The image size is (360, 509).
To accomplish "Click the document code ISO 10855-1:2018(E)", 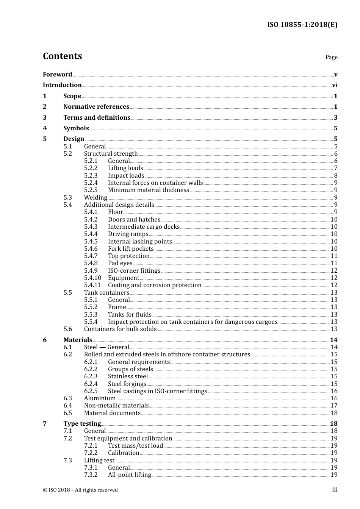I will click(302, 25).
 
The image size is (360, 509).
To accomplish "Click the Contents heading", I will click(62, 56).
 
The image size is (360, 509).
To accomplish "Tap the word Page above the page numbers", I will click(331, 57).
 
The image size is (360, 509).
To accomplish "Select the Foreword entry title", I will click(57, 74).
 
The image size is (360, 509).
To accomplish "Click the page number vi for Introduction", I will click(335, 85).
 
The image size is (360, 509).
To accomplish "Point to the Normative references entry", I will click(96, 107).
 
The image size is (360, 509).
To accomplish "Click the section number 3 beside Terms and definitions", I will click(45, 117).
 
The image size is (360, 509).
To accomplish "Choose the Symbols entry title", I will click(76, 128).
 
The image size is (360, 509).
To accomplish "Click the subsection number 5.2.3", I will click(91, 175).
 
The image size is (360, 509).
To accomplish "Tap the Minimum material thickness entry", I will click(148, 190).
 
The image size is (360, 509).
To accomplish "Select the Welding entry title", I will click(95, 197).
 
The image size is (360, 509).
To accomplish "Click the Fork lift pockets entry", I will click(131, 249).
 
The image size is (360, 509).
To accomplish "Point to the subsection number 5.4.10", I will click(92, 278).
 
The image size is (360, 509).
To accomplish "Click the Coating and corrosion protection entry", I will click(155, 285).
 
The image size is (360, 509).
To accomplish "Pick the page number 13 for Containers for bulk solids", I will click(334, 329).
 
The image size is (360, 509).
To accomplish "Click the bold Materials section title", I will click(78, 340).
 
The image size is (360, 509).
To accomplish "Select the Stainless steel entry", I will click(128, 376).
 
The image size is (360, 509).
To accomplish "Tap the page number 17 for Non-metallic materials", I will click(334, 406).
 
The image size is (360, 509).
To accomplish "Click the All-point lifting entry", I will click(129, 475).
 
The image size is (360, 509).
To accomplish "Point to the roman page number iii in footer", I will click(335, 490).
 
